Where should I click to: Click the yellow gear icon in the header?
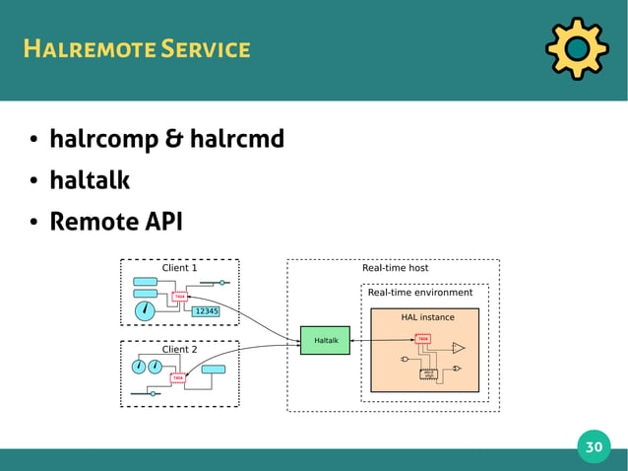[576, 48]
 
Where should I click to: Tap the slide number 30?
[594, 446]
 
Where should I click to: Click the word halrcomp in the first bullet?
[102, 140]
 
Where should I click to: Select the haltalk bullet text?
[90, 180]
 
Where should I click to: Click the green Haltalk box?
[326, 341]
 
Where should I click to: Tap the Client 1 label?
[179, 267]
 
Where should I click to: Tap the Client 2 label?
[179, 349]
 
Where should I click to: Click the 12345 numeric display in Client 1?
[206, 311]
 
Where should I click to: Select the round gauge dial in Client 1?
[145, 310]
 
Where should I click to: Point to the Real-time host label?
[396, 267]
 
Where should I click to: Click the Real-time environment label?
[420, 292]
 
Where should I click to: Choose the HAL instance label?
[427, 317]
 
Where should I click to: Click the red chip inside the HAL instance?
[422, 339]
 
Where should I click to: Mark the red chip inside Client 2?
[177, 377]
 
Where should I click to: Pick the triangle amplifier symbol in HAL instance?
[458, 348]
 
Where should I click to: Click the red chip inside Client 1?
[179, 296]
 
